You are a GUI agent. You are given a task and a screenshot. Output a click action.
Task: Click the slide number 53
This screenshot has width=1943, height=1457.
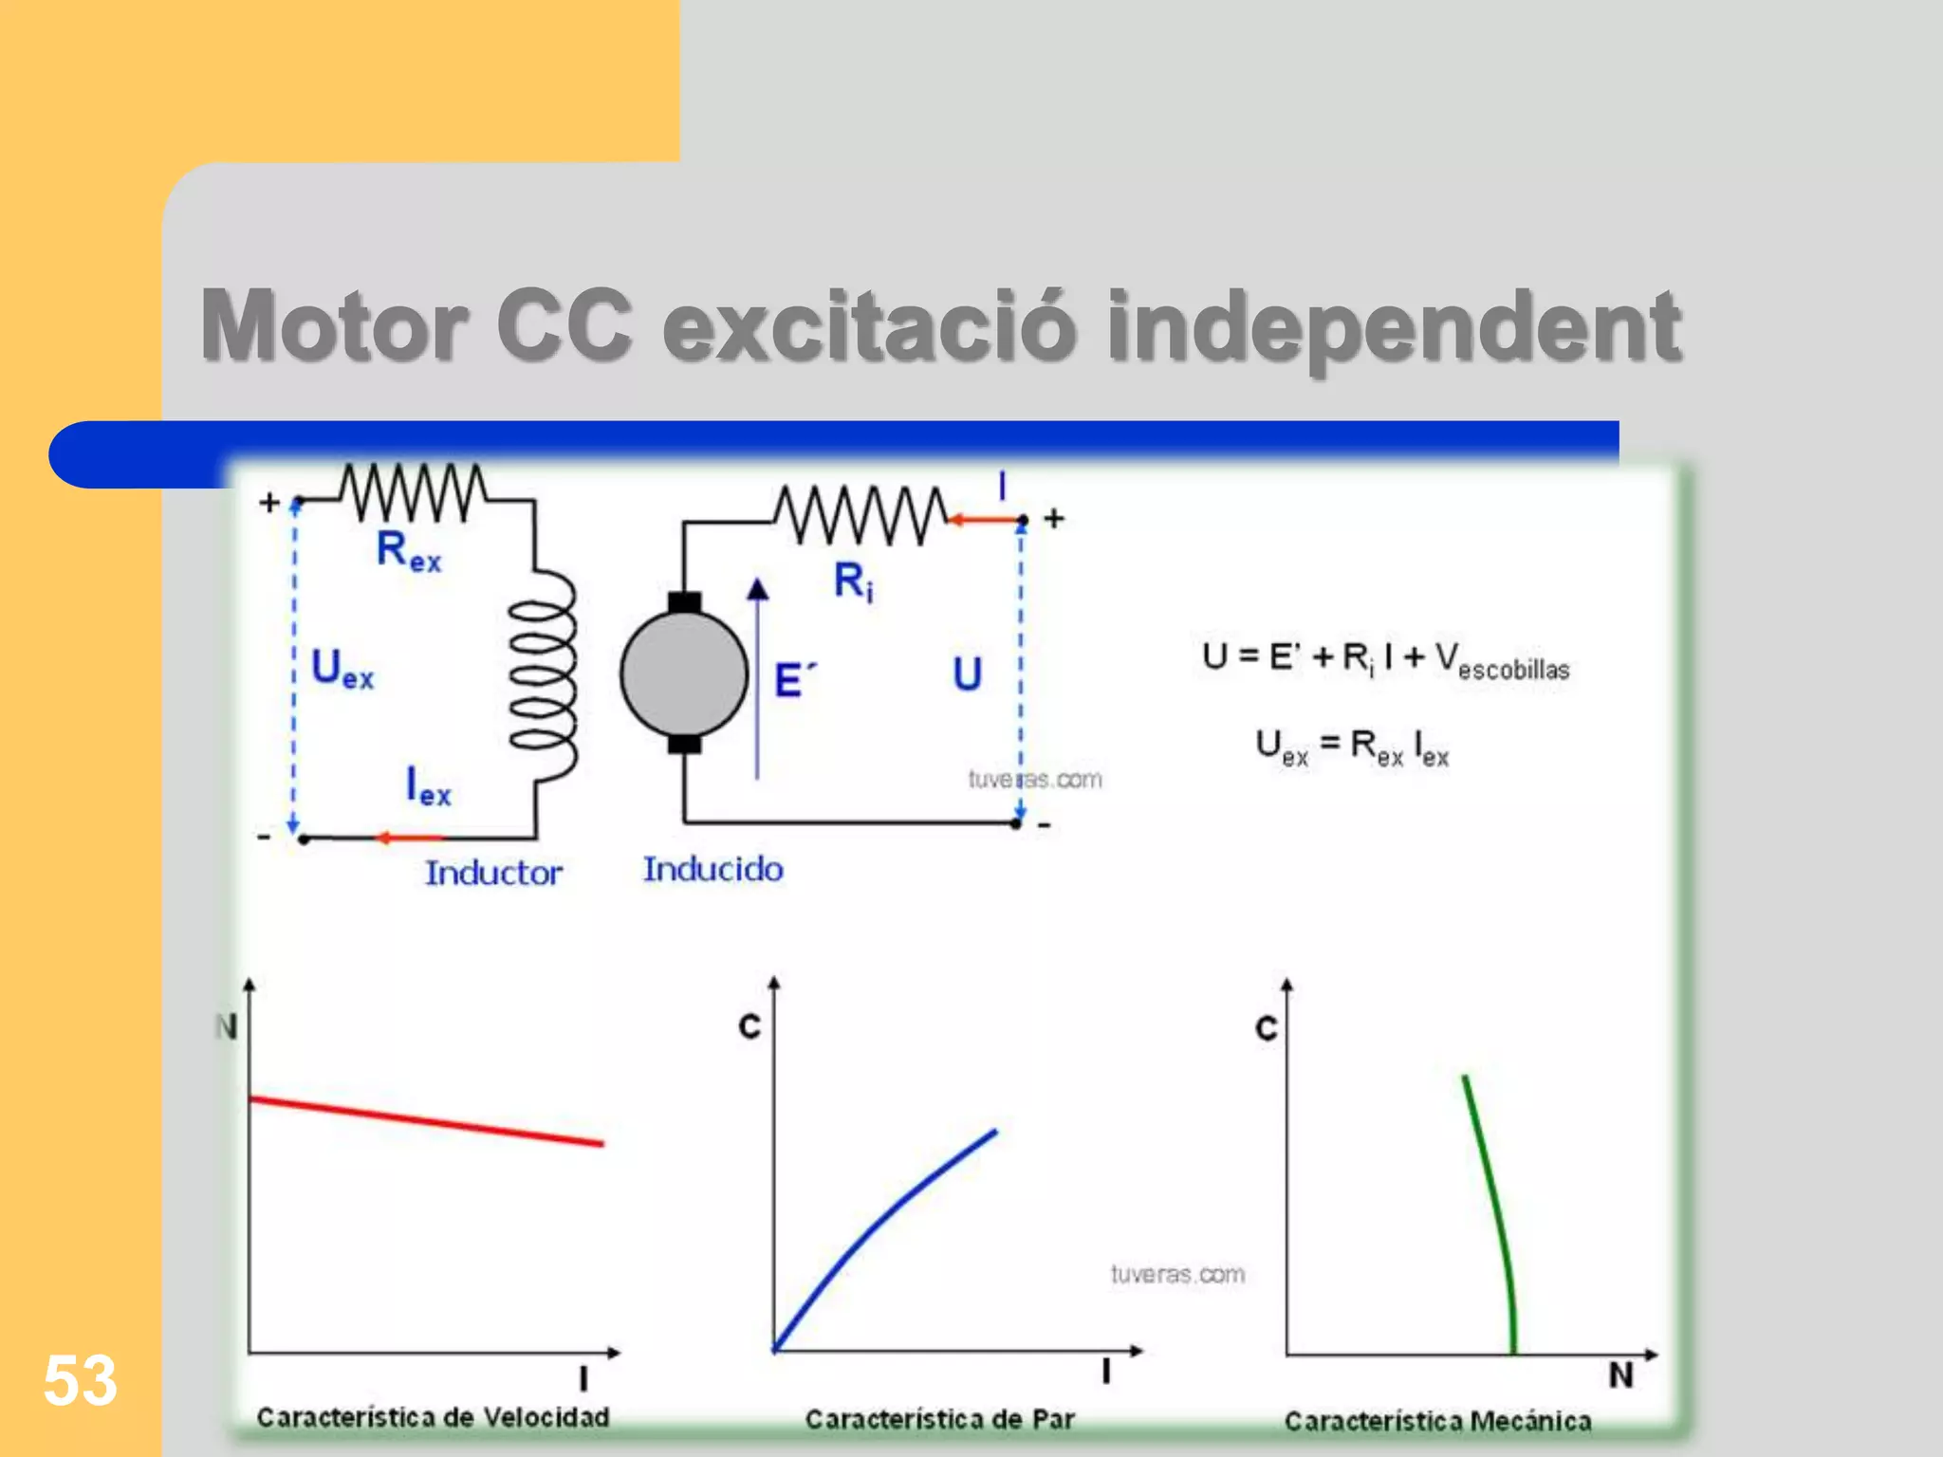tap(80, 1380)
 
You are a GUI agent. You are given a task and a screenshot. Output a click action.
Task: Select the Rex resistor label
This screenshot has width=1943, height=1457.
tap(409, 550)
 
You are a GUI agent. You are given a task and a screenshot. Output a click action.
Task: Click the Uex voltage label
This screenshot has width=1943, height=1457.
tap(342, 669)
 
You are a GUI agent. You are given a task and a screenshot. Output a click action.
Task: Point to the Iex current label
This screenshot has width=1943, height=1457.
tap(428, 787)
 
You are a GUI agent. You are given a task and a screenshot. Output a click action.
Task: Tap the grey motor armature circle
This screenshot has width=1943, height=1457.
tap(684, 673)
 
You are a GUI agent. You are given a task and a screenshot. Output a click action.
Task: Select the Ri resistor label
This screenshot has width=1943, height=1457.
tap(853, 581)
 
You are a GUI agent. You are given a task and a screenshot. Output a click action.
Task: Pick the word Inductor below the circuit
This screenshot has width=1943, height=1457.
tap(493, 873)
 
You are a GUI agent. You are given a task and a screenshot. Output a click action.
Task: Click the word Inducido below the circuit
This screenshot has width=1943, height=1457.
tap(713, 869)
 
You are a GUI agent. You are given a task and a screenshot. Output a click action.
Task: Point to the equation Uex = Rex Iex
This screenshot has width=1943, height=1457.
tap(1352, 747)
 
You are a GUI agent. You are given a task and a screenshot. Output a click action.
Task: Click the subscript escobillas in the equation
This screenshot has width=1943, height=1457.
tap(1513, 671)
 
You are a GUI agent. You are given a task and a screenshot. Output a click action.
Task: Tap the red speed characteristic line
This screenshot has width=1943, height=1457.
tap(427, 1122)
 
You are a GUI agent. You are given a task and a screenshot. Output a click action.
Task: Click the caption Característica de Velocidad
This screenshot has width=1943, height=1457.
tap(433, 1417)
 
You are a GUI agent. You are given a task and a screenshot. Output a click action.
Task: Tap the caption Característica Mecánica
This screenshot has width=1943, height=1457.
tap(1437, 1421)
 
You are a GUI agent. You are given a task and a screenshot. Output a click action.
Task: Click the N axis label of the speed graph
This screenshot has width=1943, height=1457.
tap(226, 1026)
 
